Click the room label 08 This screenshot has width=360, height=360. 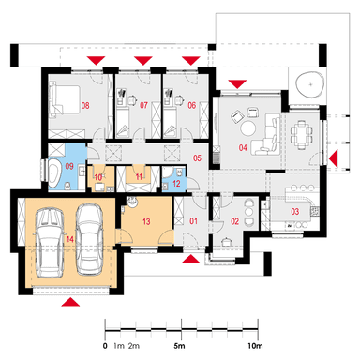click(x=85, y=105)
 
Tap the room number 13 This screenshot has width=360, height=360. click(x=146, y=221)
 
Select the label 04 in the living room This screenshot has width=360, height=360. click(x=243, y=147)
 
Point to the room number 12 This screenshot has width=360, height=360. click(x=176, y=184)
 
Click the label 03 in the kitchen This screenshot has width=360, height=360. click(x=295, y=212)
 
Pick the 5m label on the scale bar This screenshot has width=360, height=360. click(x=179, y=346)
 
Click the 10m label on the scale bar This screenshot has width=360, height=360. click(x=255, y=346)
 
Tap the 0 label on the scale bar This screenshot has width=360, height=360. click(x=105, y=346)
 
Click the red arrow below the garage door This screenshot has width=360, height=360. click(x=70, y=302)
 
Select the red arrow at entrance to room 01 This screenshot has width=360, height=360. click(x=190, y=260)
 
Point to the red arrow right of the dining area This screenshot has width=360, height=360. click(x=334, y=158)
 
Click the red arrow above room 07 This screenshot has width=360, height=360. click(x=143, y=61)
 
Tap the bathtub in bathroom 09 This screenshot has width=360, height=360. click(x=55, y=172)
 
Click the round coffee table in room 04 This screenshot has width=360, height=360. click(x=247, y=127)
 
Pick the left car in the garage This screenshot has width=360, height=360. click(x=50, y=243)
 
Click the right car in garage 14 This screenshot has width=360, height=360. click(x=90, y=239)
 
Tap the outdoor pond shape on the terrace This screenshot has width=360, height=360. click(x=309, y=85)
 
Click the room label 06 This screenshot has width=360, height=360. click(x=191, y=105)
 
